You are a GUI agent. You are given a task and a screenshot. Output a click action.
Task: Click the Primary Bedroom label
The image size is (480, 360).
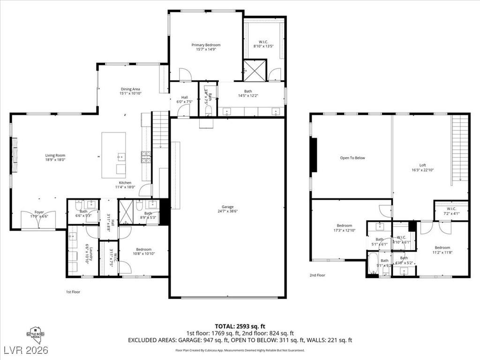(206, 45)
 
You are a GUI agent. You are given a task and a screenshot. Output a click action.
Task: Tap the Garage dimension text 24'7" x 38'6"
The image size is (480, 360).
(228, 212)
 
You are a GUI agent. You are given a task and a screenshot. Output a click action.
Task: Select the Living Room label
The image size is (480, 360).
(55, 155)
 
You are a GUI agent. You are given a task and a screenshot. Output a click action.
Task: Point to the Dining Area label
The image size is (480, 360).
(130, 89)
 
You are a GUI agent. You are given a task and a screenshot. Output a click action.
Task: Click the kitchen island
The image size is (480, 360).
(114, 155)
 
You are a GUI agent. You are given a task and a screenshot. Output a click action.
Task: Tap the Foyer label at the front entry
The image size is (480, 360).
(39, 212)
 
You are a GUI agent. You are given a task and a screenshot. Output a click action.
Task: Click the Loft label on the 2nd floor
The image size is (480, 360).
(422, 165)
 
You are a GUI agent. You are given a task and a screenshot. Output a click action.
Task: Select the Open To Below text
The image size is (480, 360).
(352, 158)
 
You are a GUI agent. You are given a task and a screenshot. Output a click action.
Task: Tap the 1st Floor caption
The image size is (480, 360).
(73, 292)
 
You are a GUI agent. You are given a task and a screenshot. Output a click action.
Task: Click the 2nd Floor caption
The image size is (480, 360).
(317, 275)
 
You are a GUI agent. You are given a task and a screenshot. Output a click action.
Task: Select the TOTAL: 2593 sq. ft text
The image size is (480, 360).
(240, 326)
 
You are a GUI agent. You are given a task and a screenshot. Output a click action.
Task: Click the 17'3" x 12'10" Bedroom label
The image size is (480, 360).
(344, 228)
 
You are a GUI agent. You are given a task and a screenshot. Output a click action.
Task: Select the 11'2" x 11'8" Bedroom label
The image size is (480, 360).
(442, 250)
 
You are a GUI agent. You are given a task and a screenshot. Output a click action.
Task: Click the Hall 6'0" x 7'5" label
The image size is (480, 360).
(185, 99)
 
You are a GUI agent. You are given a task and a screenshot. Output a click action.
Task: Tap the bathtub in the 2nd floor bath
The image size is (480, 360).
(373, 264)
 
